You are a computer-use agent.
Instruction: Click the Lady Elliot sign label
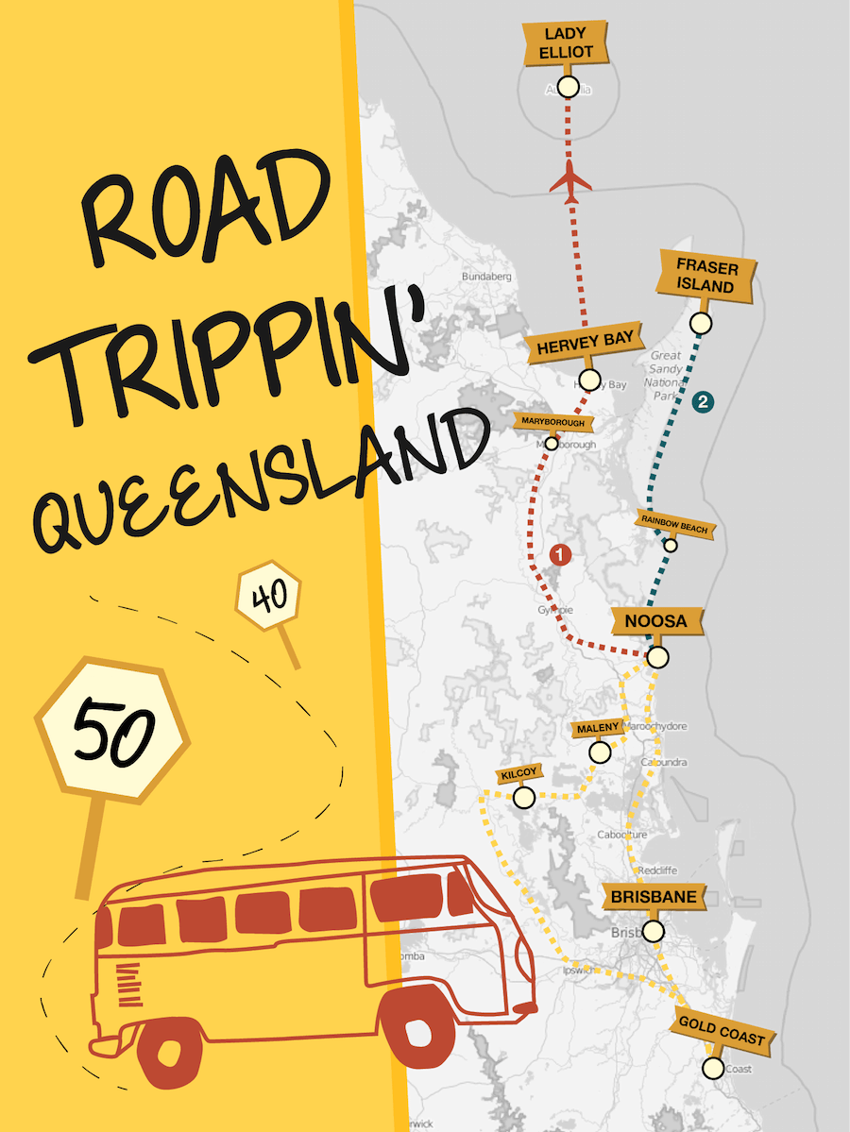(567, 43)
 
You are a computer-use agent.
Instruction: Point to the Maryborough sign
(553, 422)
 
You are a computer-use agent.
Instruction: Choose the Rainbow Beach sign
(674, 520)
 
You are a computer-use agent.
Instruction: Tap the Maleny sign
(597, 728)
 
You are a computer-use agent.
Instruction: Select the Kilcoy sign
(518, 774)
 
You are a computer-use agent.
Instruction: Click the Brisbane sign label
(654, 897)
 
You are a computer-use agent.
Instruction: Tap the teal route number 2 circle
(702, 402)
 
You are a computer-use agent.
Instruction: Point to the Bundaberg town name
(486, 277)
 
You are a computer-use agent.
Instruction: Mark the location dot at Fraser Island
(700, 324)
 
